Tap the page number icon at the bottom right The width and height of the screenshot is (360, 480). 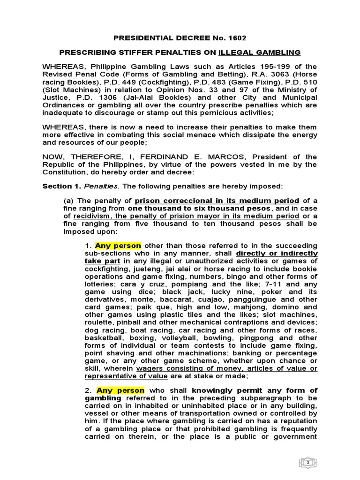click(x=308, y=463)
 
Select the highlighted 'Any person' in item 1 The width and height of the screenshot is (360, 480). click(x=118, y=246)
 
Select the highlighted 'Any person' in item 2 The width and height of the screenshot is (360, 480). click(x=120, y=390)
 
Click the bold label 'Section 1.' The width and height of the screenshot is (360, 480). click(x=62, y=186)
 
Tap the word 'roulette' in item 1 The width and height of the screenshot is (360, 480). click(x=101, y=322)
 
